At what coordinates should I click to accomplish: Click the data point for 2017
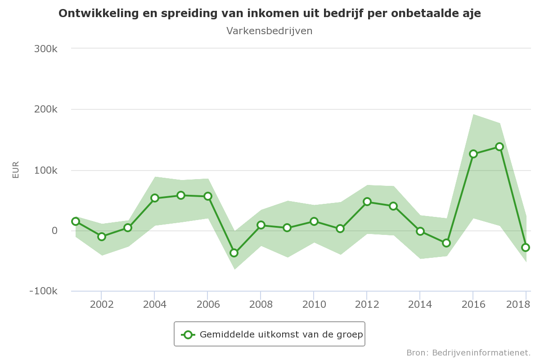[499, 147]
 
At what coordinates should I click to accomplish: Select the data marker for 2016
[473, 154]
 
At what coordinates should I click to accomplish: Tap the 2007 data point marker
[234, 253]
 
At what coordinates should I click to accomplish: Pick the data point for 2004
[154, 198]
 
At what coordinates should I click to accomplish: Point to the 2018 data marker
[526, 247]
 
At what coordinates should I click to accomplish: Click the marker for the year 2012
[367, 202]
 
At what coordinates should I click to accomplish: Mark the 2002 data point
[102, 237]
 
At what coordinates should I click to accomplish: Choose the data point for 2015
[446, 243]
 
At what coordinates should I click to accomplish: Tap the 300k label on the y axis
[45, 49]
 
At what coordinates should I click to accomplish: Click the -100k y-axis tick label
[43, 292]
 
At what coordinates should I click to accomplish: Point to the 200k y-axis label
[45, 109]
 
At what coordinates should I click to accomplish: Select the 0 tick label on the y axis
[54, 231]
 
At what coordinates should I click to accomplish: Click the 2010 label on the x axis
[314, 305]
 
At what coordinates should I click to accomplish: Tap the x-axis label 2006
[208, 305]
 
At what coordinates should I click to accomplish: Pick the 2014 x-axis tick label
[420, 305]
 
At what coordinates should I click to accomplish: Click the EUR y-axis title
[16, 170]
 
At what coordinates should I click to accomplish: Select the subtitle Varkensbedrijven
[269, 31]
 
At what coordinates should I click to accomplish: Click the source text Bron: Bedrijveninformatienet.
[468, 352]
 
